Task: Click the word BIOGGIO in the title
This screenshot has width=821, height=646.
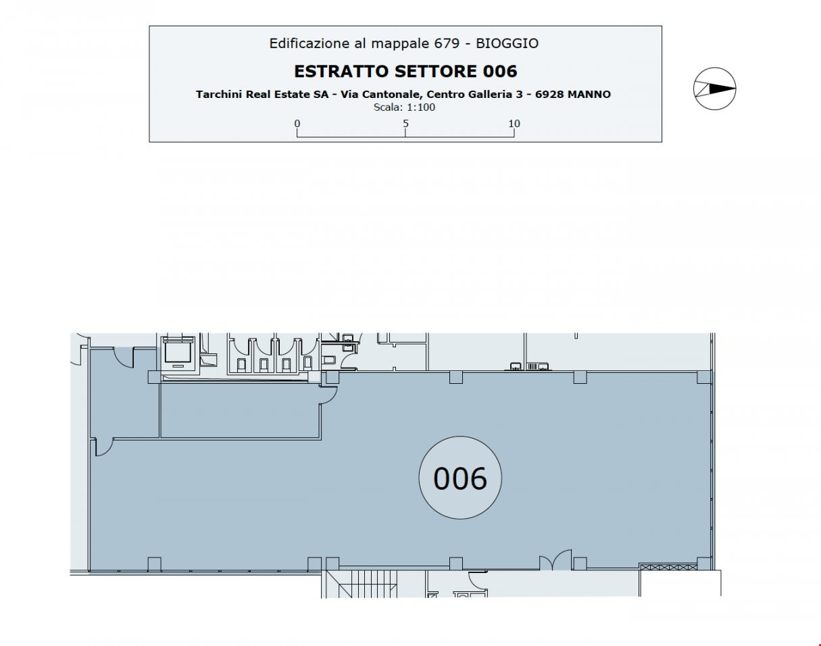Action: coord(507,43)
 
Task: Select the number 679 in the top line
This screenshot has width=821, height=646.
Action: coord(447,43)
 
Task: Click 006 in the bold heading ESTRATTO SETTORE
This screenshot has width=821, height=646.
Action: coord(500,72)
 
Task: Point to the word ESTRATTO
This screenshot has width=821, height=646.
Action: coord(341,72)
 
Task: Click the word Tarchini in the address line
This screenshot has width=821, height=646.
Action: coord(219,94)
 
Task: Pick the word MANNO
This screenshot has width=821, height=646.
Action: coord(589,94)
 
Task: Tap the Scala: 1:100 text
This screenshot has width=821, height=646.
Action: coord(404,107)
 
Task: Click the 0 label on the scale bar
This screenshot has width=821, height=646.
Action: coord(297,123)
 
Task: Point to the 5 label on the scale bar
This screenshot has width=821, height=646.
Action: coord(405,123)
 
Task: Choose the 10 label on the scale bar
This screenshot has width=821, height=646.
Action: coord(514,123)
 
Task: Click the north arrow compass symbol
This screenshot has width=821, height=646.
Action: coord(714,89)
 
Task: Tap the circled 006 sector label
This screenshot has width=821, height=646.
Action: coord(460,478)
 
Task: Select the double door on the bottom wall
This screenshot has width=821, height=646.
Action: coord(555,560)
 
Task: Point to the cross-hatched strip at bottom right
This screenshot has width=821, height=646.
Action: coord(668,567)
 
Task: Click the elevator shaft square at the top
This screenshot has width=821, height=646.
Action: coord(178,354)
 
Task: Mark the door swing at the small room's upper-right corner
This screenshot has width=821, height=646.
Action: coord(329,394)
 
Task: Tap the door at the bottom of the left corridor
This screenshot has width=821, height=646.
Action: coord(104,447)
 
